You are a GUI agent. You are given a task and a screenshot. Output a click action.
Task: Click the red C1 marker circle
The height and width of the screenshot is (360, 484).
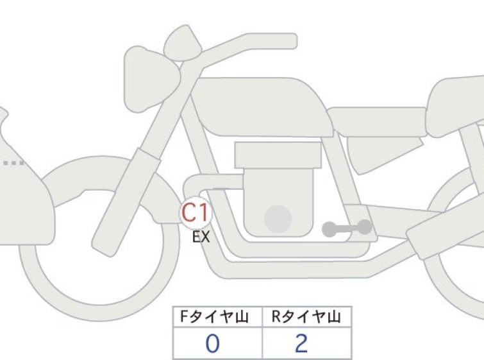click(x=196, y=212)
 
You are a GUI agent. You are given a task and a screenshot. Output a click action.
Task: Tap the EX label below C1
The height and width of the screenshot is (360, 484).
click(x=201, y=237)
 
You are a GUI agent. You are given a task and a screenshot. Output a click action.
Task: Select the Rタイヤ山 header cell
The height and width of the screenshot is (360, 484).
click(x=307, y=317)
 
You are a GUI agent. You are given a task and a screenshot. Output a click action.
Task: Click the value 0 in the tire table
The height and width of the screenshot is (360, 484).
click(x=212, y=343)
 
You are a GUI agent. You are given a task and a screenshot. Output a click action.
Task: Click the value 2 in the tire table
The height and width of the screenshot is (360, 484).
click(x=301, y=343)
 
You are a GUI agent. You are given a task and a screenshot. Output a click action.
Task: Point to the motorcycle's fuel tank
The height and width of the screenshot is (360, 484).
click(x=262, y=107)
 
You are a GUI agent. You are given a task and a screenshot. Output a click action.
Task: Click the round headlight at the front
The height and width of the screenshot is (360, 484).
click(x=151, y=77)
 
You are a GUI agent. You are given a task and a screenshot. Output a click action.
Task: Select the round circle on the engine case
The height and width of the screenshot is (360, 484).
click(x=278, y=219)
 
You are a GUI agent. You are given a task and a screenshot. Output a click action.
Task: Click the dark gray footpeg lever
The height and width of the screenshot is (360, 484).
click(x=347, y=228)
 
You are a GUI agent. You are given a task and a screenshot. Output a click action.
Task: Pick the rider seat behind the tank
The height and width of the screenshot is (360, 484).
click(x=377, y=122)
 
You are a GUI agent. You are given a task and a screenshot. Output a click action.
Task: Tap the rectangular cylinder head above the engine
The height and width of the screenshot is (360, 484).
click(x=278, y=155)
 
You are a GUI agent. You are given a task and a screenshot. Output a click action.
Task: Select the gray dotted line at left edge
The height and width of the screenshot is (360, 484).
click(x=13, y=163)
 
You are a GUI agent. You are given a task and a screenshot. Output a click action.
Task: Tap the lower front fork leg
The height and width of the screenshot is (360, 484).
click(x=126, y=202)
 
